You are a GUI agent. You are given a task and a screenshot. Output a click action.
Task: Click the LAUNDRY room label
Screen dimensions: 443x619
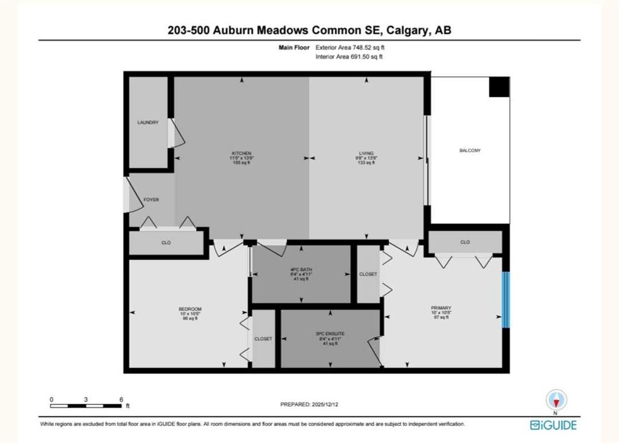148,123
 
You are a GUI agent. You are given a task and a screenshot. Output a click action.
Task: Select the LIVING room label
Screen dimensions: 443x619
366,154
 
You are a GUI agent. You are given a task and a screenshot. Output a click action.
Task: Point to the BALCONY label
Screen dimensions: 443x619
470,150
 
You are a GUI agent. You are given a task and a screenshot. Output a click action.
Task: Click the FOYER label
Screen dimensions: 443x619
151,199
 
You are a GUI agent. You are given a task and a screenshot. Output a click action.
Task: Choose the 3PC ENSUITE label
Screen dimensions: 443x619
330,333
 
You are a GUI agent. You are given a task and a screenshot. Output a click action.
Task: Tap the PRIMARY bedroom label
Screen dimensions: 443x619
441,308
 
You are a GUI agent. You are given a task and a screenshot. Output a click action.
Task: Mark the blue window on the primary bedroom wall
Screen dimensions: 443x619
507,300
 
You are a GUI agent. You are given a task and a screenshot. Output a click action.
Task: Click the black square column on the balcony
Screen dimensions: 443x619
499,87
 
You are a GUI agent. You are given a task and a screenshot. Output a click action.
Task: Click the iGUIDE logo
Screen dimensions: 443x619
553,425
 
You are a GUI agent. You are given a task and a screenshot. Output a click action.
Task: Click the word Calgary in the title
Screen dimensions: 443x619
410,30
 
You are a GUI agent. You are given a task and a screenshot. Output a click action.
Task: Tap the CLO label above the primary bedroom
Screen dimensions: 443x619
465,242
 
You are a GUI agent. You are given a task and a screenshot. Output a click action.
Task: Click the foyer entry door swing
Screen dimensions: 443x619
129,195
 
